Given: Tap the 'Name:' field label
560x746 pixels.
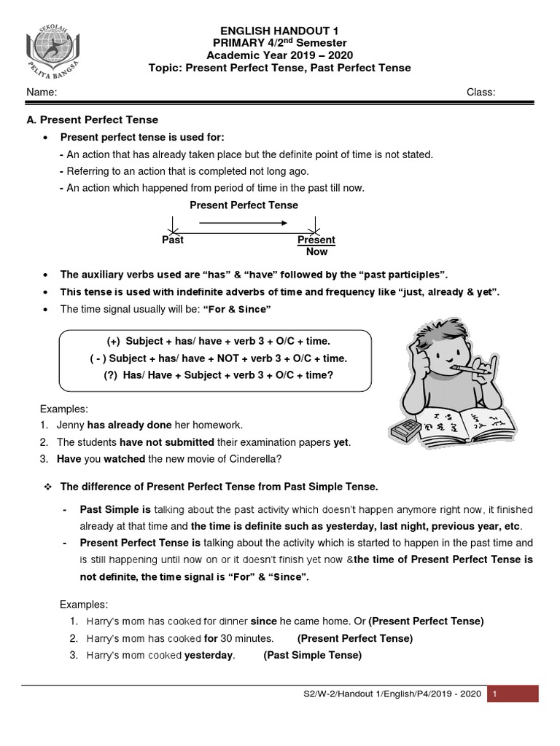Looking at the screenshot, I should (x=42, y=93).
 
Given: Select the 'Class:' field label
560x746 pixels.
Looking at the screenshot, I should (x=481, y=93).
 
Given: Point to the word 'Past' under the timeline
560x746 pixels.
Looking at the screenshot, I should (x=173, y=240).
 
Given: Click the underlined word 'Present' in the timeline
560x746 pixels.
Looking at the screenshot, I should (x=316, y=240).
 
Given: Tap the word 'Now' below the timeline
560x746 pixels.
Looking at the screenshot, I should (x=316, y=251).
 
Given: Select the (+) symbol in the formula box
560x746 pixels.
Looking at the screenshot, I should (x=113, y=341).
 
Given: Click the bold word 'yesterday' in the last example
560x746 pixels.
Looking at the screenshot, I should (x=209, y=655).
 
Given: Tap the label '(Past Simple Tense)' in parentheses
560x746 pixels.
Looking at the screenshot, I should (x=312, y=655).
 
